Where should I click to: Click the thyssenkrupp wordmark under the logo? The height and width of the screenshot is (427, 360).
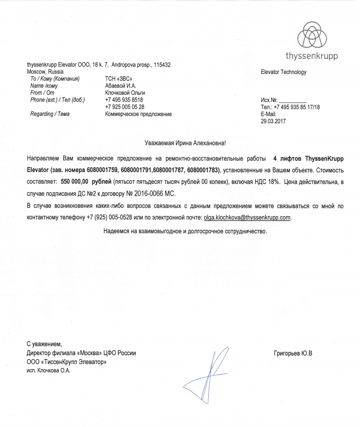(312, 57)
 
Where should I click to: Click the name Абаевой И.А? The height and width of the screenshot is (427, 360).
(121, 86)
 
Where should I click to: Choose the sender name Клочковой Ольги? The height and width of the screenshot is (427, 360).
(125, 93)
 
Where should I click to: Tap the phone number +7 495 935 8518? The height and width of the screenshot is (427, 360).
(124, 99)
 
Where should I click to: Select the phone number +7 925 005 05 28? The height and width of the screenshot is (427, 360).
(125, 107)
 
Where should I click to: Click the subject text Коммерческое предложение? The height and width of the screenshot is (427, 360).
(138, 114)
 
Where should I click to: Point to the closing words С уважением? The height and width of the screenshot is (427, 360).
(44, 344)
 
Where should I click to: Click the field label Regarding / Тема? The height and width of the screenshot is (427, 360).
(50, 114)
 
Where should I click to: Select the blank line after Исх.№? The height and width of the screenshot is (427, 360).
(293, 100)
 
